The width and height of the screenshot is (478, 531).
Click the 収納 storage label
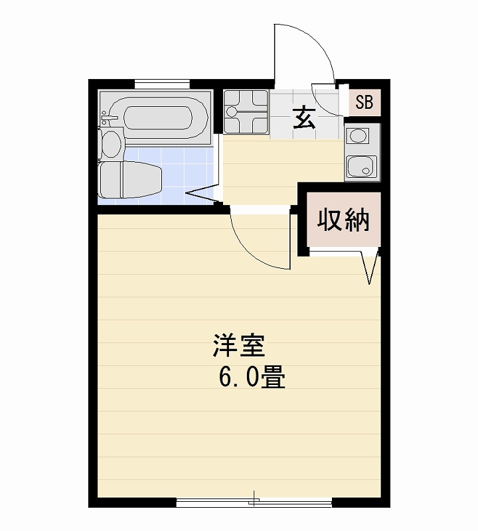click(343, 220)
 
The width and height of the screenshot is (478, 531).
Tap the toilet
click(130, 179)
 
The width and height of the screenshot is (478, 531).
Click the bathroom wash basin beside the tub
click(110, 143)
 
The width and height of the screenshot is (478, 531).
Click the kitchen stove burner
click(358, 137)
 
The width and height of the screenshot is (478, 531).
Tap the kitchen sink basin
click(361, 167)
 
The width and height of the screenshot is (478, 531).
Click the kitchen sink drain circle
click(365, 170)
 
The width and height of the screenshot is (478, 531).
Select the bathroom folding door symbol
click(202, 194)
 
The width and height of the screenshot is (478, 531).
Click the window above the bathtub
click(162, 84)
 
